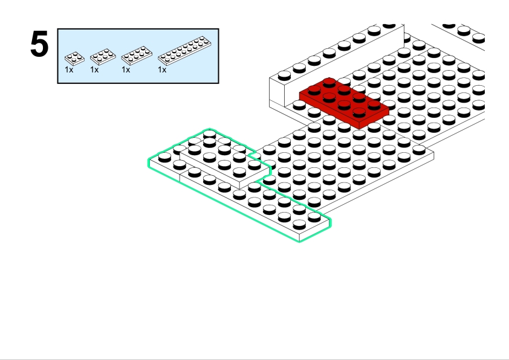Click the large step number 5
(x=40, y=44)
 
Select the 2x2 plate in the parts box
(x=74, y=59)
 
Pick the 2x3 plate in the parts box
(x=103, y=57)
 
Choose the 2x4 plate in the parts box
(x=137, y=56)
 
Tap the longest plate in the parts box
(x=184, y=51)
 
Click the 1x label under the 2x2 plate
(x=69, y=69)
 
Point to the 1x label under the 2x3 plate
(x=94, y=69)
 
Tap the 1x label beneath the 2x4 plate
(x=126, y=69)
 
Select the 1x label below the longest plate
(x=162, y=69)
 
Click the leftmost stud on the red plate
(x=314, y=90)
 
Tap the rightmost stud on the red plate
(x=374, y=104)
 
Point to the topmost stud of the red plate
(x=329, y=82)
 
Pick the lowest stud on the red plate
(x=359, y=112)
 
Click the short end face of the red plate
(x=374, y=120)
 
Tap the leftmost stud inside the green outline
(x=164, y=157)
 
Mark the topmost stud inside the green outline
(x=209, y=133)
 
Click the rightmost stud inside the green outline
(x=314, y=217)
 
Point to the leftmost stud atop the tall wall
(x=284, y=76)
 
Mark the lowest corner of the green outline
(x=299, y=241)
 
